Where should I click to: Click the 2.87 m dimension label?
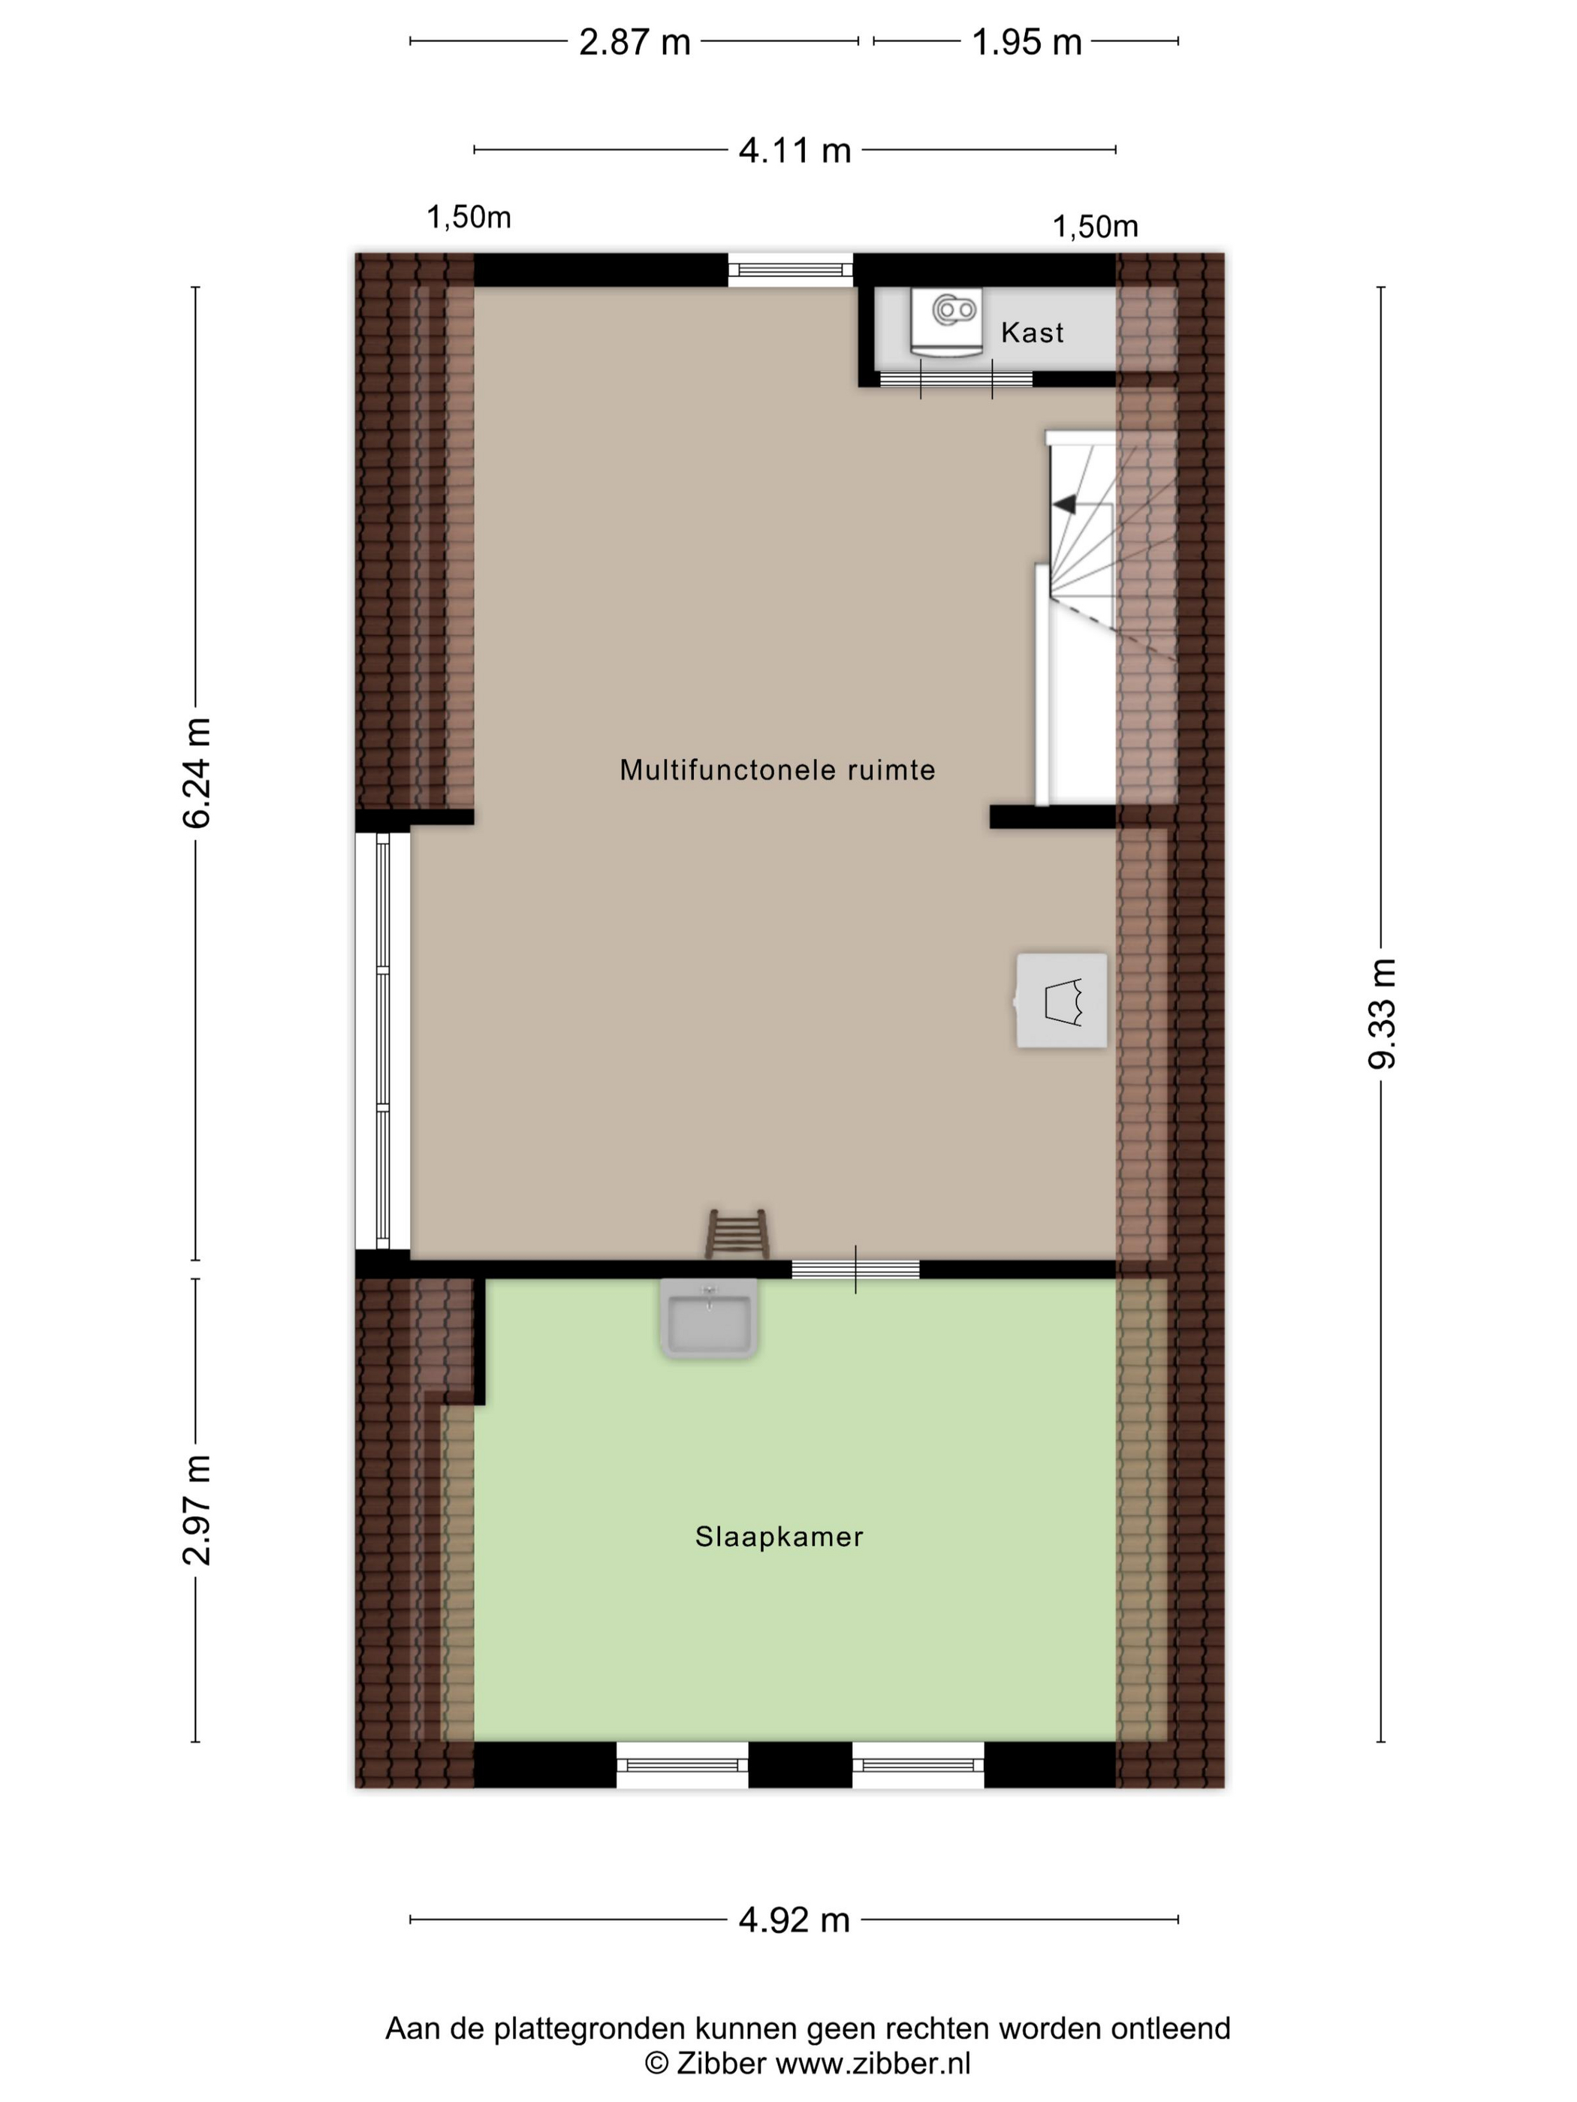(634, 42)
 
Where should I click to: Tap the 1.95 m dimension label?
(1027, 42)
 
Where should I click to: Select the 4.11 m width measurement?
(795, 150)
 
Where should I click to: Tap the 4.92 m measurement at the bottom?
(795, 1920)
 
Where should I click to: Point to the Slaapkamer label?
(779, 1537)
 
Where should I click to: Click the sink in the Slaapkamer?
(709, 1319)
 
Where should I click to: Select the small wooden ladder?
(737, 1233)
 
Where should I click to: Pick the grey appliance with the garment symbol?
(1061, 1001)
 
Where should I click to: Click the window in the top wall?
(791, 270)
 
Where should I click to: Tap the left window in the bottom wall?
(683, 1765)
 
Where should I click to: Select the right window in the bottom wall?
(918, 1765)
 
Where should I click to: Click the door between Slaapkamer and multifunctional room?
(855, 1269)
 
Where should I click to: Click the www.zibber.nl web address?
(873, 2063)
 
